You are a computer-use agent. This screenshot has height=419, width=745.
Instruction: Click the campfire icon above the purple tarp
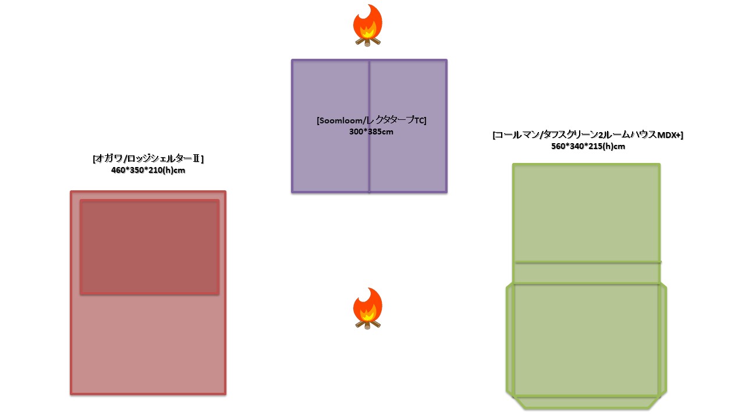pos(367,25)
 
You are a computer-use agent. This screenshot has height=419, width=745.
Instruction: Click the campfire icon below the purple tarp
pos(367,308)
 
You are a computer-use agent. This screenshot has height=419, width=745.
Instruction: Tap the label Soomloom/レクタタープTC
pos(371,120)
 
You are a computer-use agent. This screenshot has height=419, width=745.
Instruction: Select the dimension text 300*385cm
pos(371,132)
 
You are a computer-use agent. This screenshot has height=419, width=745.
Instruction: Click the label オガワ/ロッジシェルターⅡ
pos(148,159)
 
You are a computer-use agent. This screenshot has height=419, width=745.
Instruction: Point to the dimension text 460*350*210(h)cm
pos(148,171)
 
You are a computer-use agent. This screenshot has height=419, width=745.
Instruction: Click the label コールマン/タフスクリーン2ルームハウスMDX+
pos(587,135)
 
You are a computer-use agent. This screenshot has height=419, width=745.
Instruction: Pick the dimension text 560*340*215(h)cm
pos(587,147)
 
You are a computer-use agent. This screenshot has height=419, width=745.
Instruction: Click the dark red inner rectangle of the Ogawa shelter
pos(150,247)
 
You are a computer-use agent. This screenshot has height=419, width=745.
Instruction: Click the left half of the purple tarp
pos(330,157)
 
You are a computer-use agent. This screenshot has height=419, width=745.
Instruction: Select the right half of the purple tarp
pos(408,157)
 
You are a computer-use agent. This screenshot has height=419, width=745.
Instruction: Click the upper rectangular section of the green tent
pos(587,212)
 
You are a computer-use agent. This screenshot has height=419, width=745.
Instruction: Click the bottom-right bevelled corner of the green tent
pos(658,401)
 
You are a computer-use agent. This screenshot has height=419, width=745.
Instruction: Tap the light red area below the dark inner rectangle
pos(148,343)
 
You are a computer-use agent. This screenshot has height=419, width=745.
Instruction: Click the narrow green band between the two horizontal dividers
pos(587,273)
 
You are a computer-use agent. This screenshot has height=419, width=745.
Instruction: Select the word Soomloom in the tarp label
pos(337,120)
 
